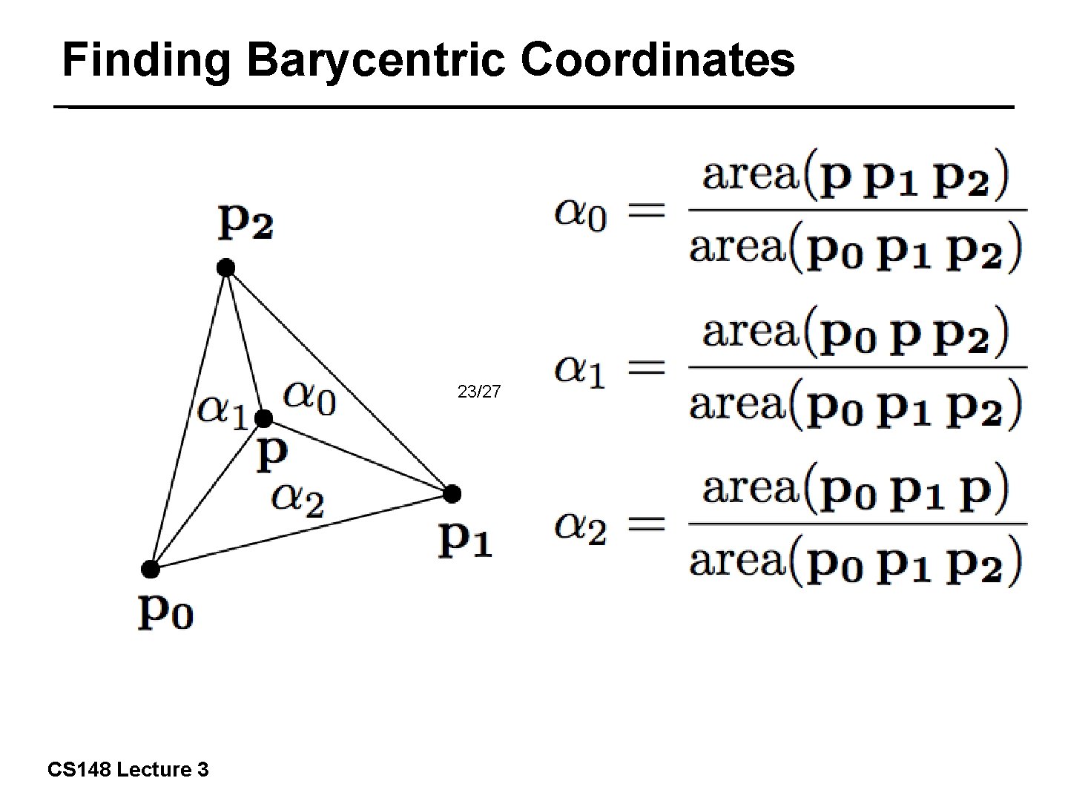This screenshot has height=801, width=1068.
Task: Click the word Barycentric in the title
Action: click(x=376, y=60)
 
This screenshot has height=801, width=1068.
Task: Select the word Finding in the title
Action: click(x=147, y=60)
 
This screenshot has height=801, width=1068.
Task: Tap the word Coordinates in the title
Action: click(x=657, y=60)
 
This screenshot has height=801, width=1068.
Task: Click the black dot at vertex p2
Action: click(x=226, y=268)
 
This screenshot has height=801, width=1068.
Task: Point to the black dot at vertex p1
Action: click(x=452, y=493)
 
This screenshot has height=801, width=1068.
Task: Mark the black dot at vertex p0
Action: click(x=151, y=570)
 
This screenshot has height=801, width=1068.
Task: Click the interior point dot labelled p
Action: click(x=263, y=419)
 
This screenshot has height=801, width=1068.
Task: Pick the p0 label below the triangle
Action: click(x=165, y=612)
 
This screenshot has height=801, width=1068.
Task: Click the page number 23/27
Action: click(x=479, y=391)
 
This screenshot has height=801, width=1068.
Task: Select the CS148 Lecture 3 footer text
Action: click(x=128, y=770)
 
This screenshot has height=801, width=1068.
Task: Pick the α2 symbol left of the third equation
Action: click(x=581, y=527)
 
